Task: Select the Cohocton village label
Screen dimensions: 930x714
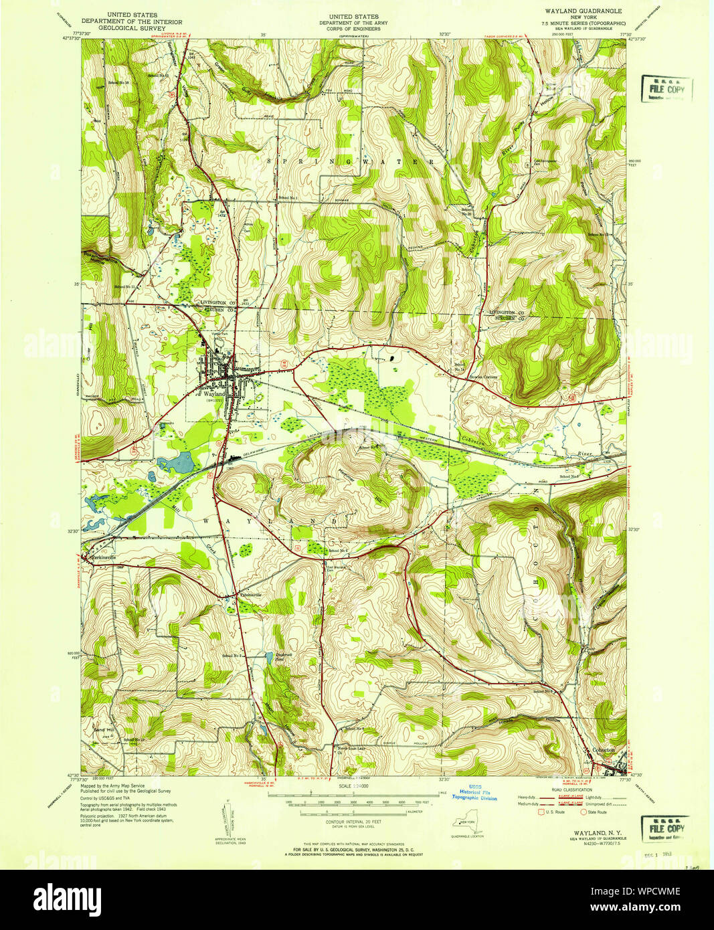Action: tap(604, 750)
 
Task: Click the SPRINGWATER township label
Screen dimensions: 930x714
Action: tap(351, 162)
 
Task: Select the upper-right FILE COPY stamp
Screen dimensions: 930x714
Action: tap(666, 89)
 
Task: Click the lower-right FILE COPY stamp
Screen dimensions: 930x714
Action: tap(666, 828)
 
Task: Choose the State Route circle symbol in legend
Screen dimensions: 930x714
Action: tap(583, 812)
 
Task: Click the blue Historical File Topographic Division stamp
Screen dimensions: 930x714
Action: tap(474, 793)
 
